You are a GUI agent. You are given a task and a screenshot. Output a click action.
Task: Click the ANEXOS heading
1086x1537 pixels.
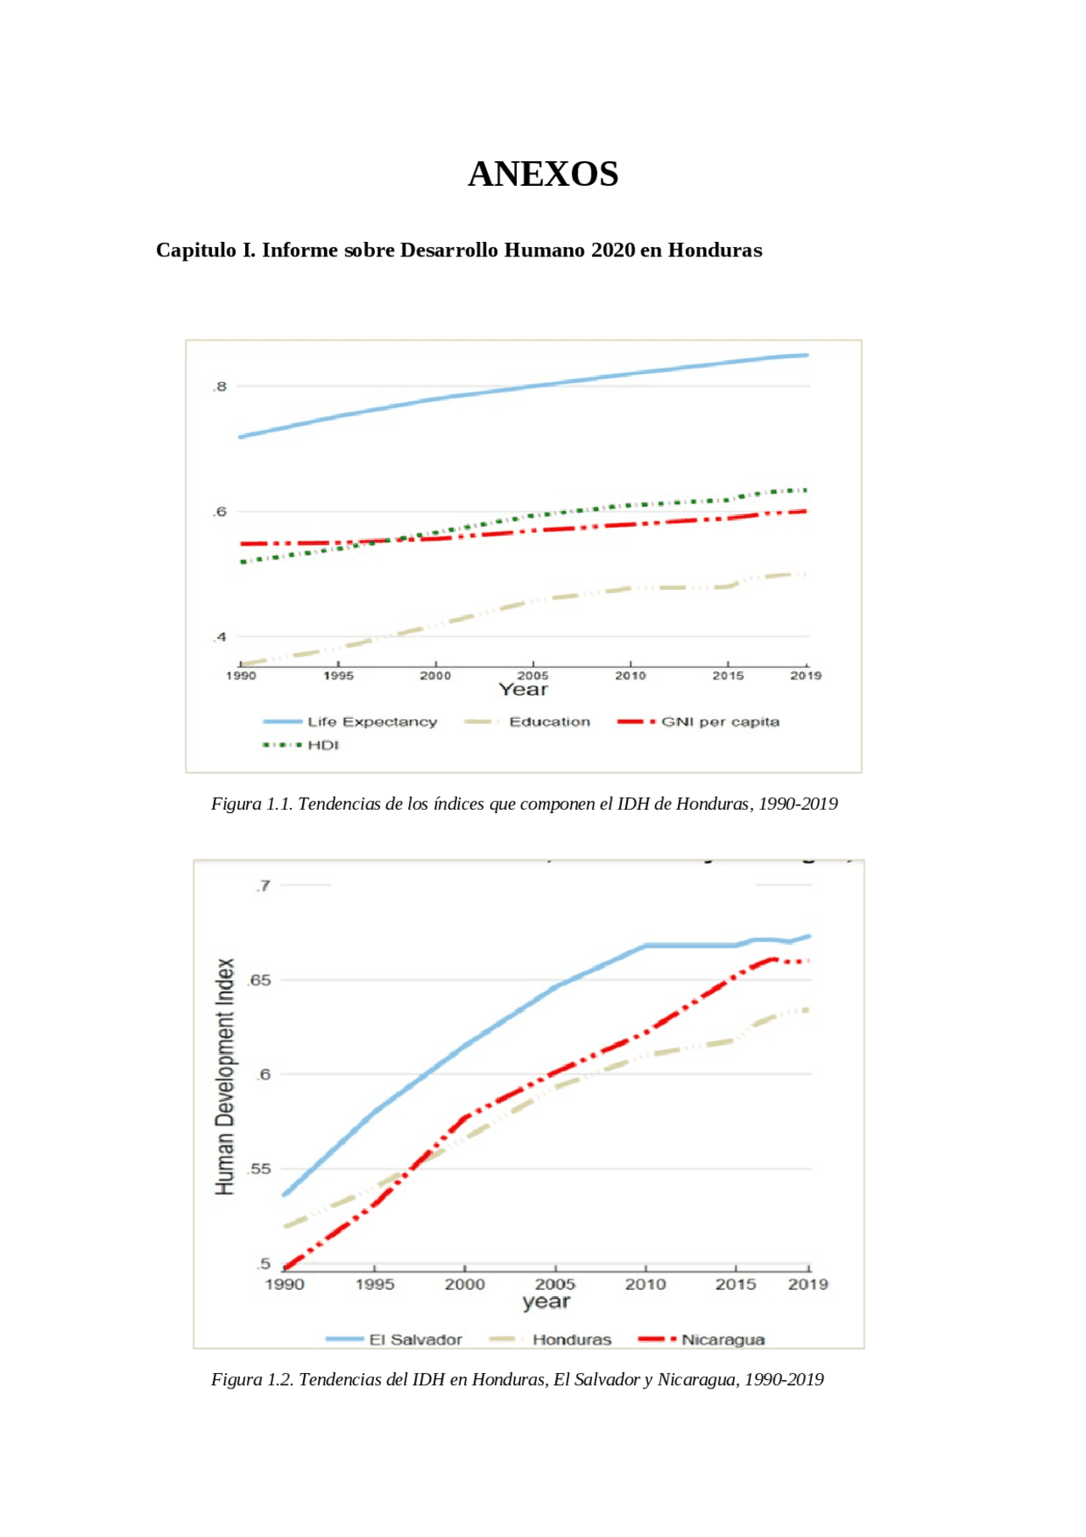click(x=543, y=174)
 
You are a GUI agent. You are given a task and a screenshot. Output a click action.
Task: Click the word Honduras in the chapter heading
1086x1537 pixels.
click(x=714, y=250)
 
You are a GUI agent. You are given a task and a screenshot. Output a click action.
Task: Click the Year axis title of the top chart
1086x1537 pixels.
click(x=523, y=690)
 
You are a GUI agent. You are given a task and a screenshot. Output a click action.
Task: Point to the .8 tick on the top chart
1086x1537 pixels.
click(x=220, y=387)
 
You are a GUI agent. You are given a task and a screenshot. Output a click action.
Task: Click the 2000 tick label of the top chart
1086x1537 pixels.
click(x=435, y=676)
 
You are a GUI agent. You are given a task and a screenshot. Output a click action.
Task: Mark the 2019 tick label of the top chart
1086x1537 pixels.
click(x=805, y=676)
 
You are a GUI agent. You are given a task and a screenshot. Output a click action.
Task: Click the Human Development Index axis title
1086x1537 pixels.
click(x=225, y=1077)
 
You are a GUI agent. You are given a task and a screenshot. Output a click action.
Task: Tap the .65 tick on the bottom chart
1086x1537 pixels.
click(x=260, y=980)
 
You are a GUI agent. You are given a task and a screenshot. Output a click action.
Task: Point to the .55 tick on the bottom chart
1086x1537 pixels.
click(x=260, y=1170)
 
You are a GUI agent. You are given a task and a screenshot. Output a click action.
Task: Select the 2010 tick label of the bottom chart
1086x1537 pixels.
click(x=646, y=1285)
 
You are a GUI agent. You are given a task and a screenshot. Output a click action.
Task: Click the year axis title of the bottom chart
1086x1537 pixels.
click(x=546, y=1302)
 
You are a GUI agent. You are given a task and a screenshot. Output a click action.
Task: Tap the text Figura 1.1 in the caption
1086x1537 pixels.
click(x=252, y=804)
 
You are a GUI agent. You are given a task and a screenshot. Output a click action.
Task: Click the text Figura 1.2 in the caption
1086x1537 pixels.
click(x=252, y=1379)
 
